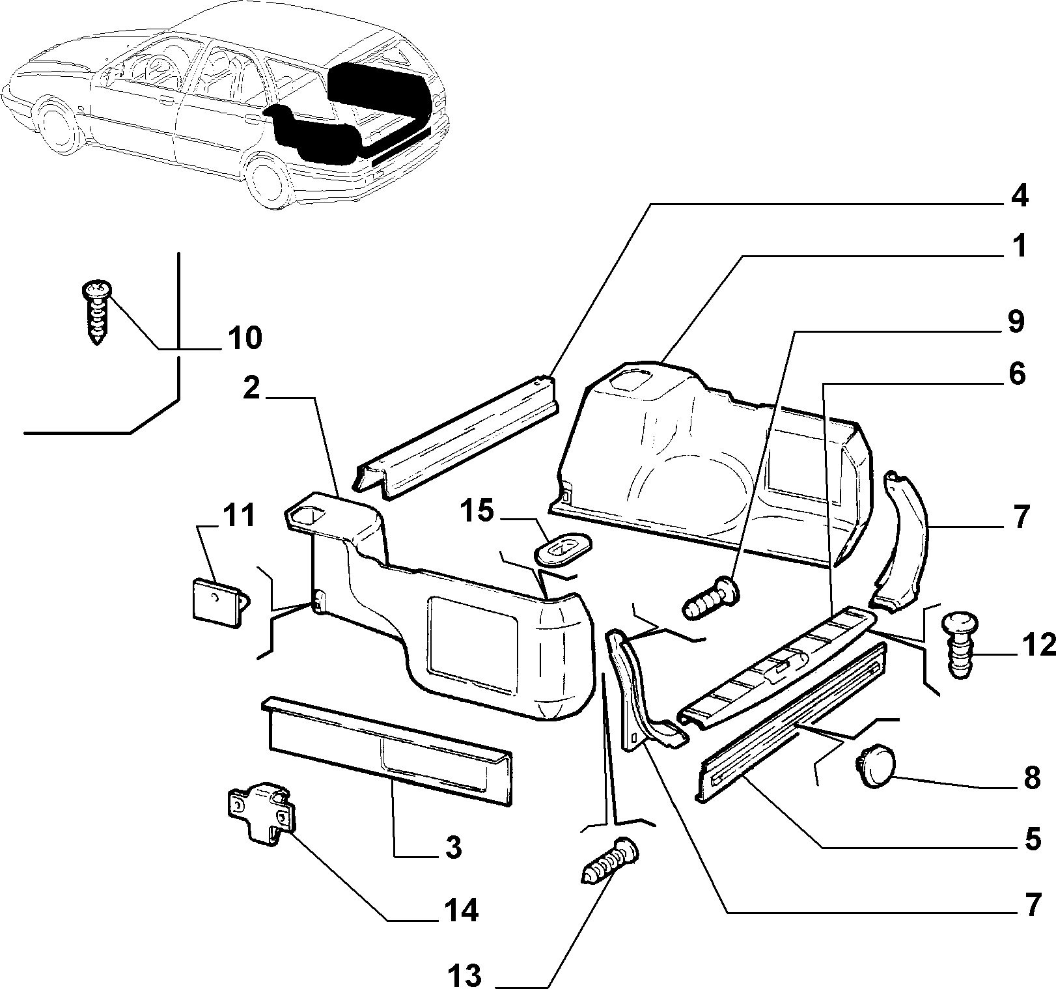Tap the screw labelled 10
click(97, 311)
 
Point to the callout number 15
click(478, 512)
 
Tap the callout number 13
click(464, 976)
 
